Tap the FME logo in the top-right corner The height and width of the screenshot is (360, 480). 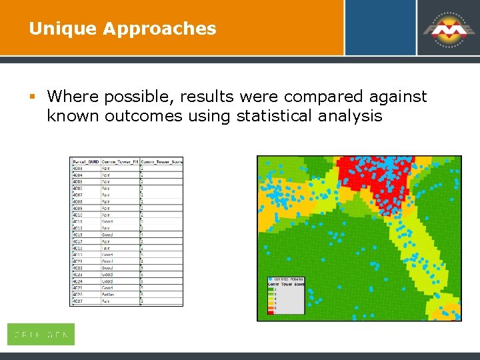(447, 28)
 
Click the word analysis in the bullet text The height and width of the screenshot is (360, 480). (349, 116)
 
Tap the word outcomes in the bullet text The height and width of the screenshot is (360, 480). (137, 116)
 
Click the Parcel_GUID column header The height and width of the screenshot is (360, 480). (85, 161)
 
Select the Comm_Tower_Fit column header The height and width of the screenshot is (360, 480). (120, 161)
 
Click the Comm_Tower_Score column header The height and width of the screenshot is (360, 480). (161, 161)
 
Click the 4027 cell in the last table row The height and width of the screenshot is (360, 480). (77, 301)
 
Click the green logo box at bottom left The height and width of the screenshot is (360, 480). (41, 335)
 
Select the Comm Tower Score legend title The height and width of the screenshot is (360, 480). (285, 284)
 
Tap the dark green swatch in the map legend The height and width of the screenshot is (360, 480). (271, 289)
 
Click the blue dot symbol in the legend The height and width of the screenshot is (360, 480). (270, 279)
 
